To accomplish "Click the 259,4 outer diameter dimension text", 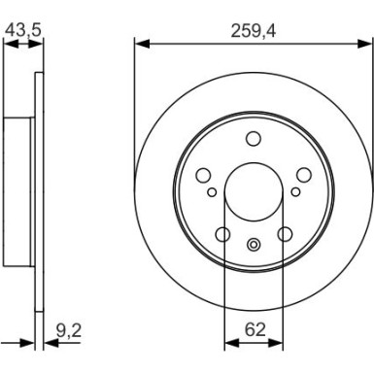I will [253, 30].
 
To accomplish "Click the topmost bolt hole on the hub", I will [253, 138].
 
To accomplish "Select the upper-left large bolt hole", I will [203, 175].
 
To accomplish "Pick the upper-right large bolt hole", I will [303, 175].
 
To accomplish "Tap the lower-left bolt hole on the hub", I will [222, 233].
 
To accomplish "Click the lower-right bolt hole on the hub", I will [285, 233].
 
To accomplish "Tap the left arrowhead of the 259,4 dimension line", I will [140, 44].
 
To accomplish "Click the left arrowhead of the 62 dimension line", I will [229, 342].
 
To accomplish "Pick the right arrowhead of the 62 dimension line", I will [278, 342].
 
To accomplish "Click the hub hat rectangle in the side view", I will [17, 191].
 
